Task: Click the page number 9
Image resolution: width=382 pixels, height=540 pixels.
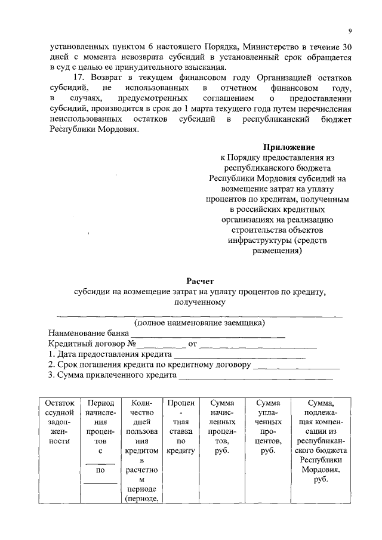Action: [x=350, y=31]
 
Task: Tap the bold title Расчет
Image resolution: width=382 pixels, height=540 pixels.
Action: [x=199, y=281]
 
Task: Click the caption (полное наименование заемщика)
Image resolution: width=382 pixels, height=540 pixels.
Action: [x=199, y=323]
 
